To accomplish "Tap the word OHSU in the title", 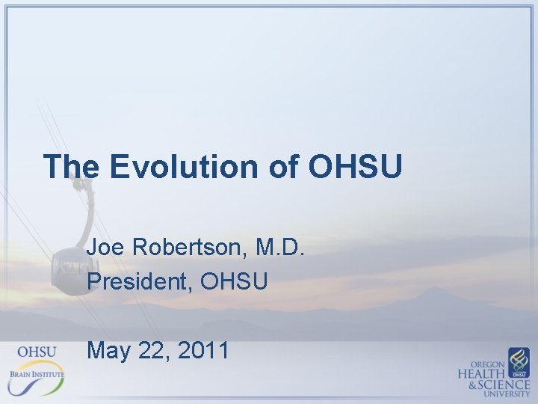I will [x=355, y=166].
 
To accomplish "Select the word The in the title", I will [x=71, y=166].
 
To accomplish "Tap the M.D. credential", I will [x=280, y=248].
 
